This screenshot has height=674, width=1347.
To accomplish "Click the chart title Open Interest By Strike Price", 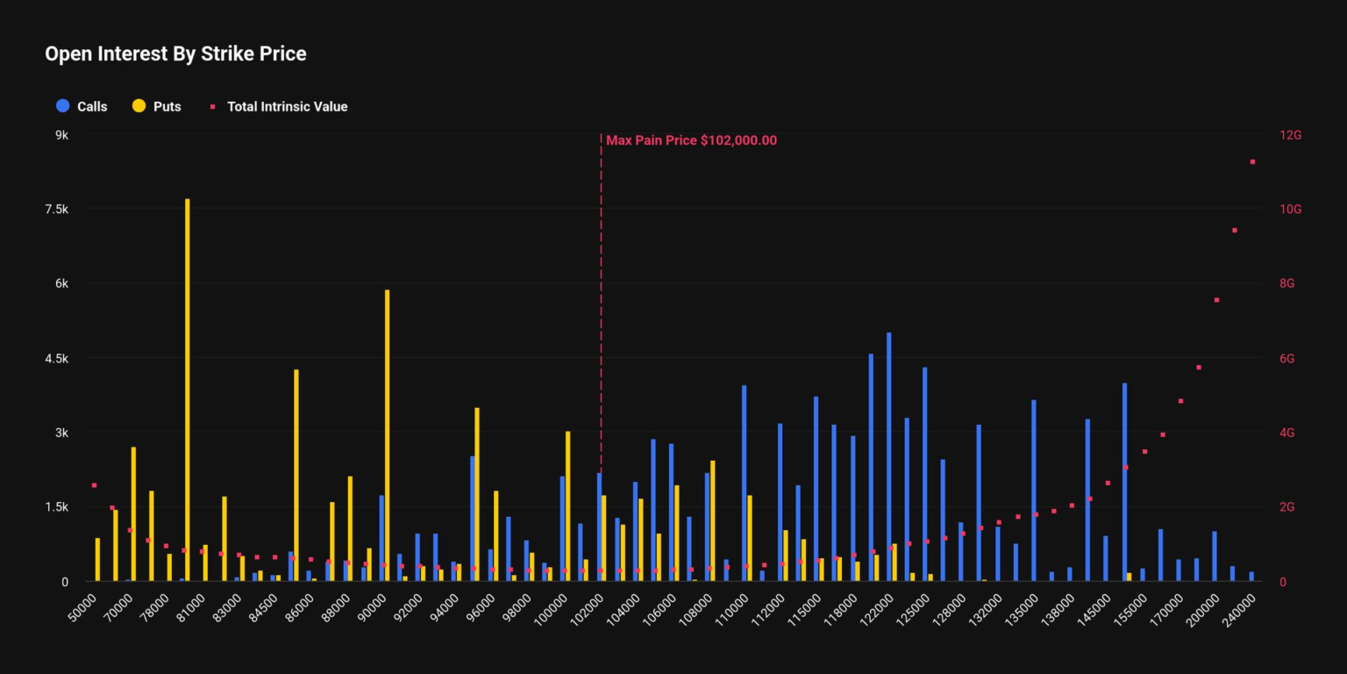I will (175, 54).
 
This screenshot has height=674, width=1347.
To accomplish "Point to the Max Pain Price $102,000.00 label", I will (691, 140).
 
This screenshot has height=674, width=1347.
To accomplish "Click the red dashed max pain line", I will (601, 307).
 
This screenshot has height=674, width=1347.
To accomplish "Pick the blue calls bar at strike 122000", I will (889, 456).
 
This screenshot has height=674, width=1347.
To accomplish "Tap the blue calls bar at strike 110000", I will (744, 483).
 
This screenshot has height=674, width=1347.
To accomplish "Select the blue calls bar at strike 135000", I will (1034, 491).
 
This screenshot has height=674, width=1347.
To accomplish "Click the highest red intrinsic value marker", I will (1252, 161).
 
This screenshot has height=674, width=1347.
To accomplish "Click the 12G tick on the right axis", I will (1291, 134).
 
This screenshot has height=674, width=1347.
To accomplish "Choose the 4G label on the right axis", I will (1286, 433).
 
